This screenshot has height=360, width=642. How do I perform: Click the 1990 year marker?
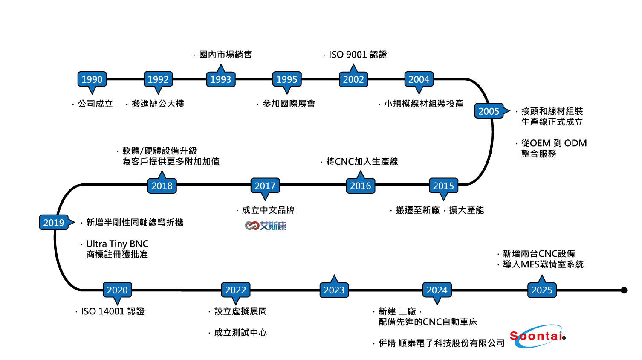click(x=92, y=79)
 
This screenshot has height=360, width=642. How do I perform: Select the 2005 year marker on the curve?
click(x=489, y=111)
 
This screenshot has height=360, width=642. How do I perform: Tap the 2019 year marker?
click(x=54, y=223)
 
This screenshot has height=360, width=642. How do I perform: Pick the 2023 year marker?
click(x=334, y=290)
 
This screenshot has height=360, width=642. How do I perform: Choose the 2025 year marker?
click(x=541, y=290)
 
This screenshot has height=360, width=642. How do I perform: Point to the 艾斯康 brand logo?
click(x=266, y=226)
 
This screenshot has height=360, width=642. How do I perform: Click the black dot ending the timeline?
click(x=624, y=290)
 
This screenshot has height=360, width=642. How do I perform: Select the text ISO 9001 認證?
click(x=357, y=55)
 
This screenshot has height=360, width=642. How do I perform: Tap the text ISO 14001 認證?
click(x=113, y=311)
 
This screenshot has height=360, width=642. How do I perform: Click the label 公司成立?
click(x=95, y=104)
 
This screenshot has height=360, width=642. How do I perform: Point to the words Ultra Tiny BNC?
click(x=117, y=244)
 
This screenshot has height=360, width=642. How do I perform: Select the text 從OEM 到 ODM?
click(x=554, y=143)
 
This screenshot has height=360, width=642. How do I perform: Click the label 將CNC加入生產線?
click(x=361, y=162)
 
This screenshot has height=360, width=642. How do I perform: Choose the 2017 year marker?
click(x=265, y=186)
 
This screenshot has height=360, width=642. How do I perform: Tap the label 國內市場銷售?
click(x=225, y=55)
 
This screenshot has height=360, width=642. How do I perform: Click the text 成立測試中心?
click(x=240, y=333)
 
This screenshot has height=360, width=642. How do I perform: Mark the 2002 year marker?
click(x=353, y=79)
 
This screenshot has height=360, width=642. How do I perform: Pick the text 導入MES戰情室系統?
click(x=543, y=264)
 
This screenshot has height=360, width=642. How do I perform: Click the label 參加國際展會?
click(x=289, y=104)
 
